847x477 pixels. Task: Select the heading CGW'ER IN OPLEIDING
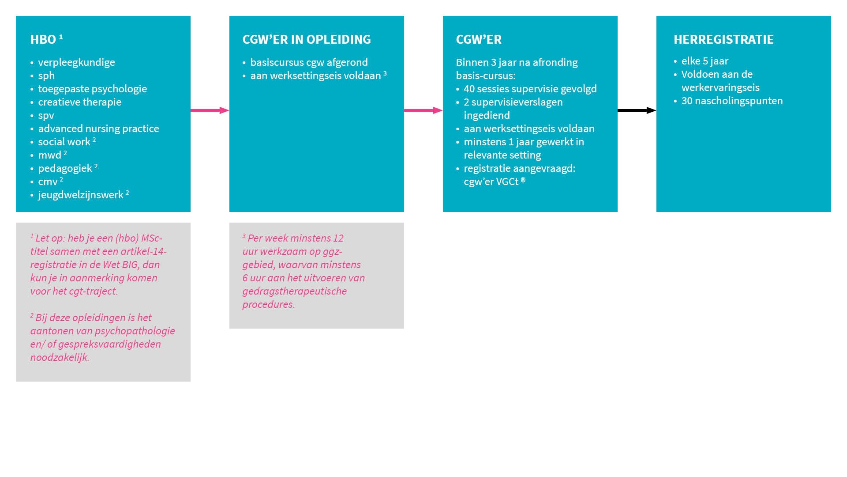click(307, 40)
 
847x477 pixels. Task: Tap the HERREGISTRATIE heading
click(723, 40)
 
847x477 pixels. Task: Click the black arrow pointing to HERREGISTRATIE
click(637, 110)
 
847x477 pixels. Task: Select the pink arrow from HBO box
click(210, 110)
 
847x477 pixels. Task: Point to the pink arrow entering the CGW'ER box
click(423, 110)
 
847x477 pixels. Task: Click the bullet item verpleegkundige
click(76, 63)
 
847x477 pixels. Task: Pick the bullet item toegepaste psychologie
click(92, 89)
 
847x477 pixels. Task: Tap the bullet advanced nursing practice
click(98, 129)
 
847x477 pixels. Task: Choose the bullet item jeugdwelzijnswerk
click(81, 195)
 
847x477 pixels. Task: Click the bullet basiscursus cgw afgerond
click(309, 63)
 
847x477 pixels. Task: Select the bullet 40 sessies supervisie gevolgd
click(530, 89)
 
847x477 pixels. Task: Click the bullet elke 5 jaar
click(705, 61)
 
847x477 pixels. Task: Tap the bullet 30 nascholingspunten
click(732, 101)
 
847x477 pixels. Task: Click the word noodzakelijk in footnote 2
click(60, 357)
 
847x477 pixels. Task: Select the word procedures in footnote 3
click(268, 304)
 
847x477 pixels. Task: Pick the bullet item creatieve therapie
click(79, 102)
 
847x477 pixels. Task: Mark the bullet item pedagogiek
click(65, 169)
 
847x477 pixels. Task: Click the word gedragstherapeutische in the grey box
click(294, 291)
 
